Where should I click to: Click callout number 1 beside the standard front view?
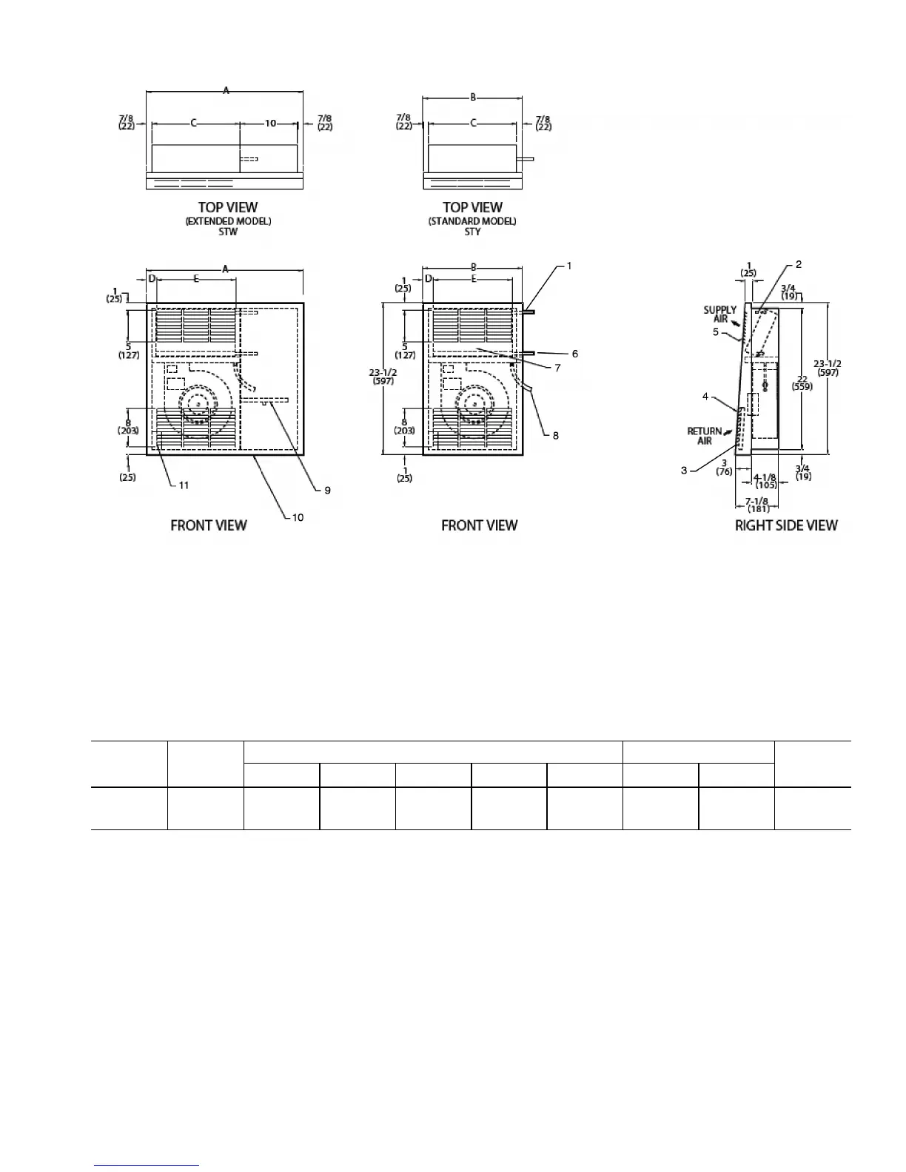click(568, 265)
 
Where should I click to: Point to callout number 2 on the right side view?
click(798, 264)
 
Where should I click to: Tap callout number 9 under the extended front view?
click(327, 490)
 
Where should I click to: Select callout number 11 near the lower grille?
click(184, 485)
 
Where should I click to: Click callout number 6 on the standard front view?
click(574, 354)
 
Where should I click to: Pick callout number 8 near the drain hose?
click(556, 435)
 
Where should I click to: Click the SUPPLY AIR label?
click(719, 314)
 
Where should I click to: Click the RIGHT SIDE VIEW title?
click(786, 525)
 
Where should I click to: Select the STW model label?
click(228, 232)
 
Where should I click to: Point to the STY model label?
click(472, 232)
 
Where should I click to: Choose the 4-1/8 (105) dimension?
click(765, 482)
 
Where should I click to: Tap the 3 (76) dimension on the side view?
click(724, 468)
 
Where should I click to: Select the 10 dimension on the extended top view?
click(271, 124)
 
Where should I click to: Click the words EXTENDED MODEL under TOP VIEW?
click(228, 221)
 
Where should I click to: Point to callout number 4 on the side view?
click(705, 397)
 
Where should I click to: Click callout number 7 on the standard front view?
click(557, 368)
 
